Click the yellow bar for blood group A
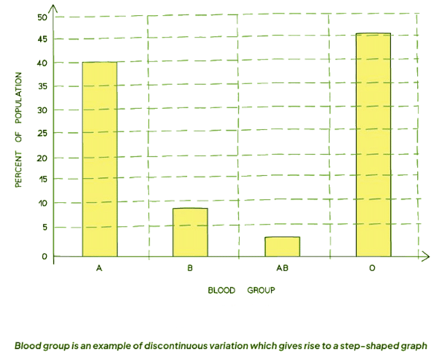coord(99,159)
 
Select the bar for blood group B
coord(190,232)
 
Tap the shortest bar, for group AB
coord(282,246)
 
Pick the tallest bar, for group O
coord(373,145)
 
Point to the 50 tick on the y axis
coord(41,17)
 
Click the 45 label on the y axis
coord(41,39)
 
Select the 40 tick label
coord(41,63)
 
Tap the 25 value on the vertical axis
coord(41,133)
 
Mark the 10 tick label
coord(41,203)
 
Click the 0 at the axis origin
coord(44,256)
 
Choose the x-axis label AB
coord(282,269)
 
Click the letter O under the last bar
coord(373,269)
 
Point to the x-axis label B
coord(190,269)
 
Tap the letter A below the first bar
coord(99,269)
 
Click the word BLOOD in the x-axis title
coord(221,290)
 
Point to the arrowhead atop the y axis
coord(53,8)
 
